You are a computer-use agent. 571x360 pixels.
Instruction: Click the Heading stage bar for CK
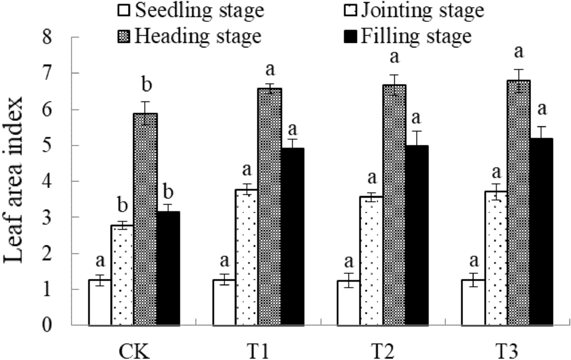[x=145, y=219]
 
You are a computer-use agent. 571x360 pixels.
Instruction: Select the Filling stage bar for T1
[x=293, y=237]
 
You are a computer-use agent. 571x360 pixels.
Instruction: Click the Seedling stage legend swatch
[x=123, y=11]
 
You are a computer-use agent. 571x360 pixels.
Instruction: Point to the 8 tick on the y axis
[x=71, y=37]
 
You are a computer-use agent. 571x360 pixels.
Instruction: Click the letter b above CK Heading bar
[x=146, y=86]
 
